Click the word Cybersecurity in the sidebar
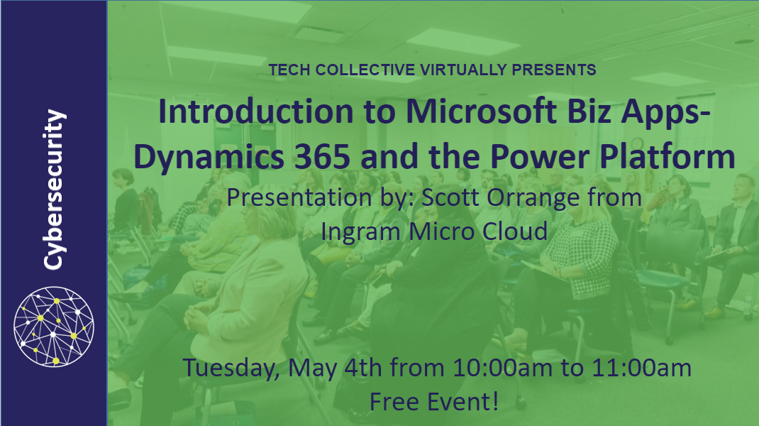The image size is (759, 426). pos(54,190)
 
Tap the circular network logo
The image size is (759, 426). pos(54,326)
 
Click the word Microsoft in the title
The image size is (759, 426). pos(482,111)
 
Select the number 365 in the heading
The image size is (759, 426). pos(322,156)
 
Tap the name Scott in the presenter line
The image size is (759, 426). pos(450,197)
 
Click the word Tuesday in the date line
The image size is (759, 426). pos(232,368)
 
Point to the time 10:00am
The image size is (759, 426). pos(502,368)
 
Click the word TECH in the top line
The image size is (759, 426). pos(289,70)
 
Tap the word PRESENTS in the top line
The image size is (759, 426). pos(554,70)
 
